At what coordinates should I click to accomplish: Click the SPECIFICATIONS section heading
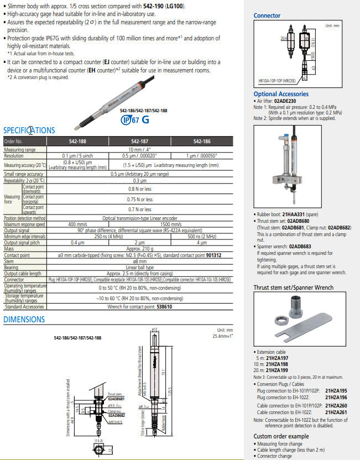click(29, 130)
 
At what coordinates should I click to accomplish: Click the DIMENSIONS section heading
click(24, 320)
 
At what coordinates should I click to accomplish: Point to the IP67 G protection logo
click(135, 119)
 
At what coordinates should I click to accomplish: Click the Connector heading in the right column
click(267, 15)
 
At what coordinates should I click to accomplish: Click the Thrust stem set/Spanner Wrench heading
click(293, 287)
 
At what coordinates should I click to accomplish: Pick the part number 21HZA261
click(336, 412)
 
